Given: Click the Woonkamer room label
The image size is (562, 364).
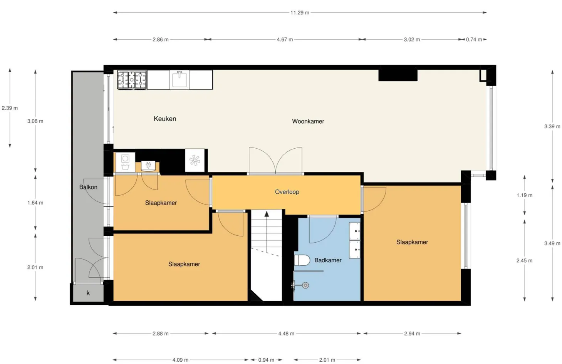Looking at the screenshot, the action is click(x=308, y=121).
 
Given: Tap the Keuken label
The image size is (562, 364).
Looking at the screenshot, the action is click(x=165, y=119).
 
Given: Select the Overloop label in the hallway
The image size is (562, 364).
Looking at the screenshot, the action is click(x=287, y=192).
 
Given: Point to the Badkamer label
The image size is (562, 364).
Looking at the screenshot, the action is click(x=328, y=260).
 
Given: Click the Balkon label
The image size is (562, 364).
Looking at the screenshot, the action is click(x=88, y=187).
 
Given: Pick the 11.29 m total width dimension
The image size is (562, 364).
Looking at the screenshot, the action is click(x=300, y=13).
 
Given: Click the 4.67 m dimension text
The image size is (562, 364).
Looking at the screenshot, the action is click(x=285, y=40).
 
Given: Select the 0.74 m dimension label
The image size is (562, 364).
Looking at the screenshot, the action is click(x=474, y=40).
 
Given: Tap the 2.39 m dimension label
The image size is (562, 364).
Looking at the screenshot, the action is click(x=10, y=108).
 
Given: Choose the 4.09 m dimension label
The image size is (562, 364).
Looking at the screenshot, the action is click(x=180, y=360).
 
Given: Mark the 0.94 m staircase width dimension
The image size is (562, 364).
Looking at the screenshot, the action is click(x=266, y=360).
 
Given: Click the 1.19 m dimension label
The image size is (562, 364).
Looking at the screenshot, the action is click(x=524, y=195).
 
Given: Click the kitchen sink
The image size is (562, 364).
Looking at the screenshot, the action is click(x=180, y=79).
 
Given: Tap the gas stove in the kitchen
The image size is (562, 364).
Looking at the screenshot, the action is click(x=132, y=80).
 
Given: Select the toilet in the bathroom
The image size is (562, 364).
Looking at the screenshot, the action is click(x=302, y=260).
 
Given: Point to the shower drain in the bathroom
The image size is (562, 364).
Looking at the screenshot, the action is click(x=305, y=285).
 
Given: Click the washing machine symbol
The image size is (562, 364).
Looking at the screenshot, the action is click(x=125, y=162).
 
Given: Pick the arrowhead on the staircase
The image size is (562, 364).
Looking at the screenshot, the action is click(x=267, y=214).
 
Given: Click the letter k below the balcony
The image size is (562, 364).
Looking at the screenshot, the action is click(x=88, y=293).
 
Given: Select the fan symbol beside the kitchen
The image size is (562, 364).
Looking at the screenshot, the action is click(x=195, y=161).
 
